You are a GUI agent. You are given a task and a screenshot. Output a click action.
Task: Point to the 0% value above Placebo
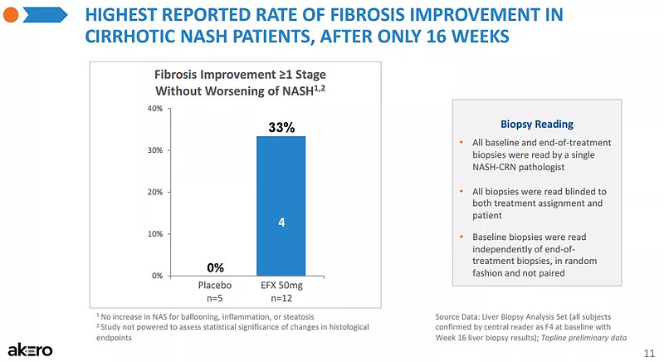pos(216,267)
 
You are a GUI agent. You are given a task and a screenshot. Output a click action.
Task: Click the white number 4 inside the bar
pos(281,223)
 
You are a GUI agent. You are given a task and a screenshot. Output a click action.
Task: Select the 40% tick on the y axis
pos(154,109)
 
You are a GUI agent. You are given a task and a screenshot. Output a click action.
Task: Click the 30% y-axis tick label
pos(154,150)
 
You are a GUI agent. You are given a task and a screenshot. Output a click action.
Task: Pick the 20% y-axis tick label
pos(154,192)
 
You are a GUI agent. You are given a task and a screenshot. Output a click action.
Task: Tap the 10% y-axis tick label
pos(154,233)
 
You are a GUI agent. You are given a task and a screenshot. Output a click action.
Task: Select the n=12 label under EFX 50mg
pos(281,297)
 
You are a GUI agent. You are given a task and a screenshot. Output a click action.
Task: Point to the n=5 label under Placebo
pos(216,297)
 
